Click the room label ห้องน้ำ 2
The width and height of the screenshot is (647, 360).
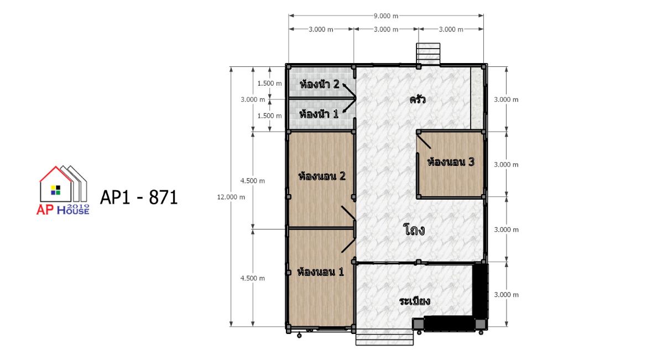click(320, 85)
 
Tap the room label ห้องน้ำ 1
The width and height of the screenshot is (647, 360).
click(319, 113)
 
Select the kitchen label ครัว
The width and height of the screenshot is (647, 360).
click(418, 100)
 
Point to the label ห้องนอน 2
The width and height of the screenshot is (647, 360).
click(322, 176)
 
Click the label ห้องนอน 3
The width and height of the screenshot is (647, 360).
click(451, 162)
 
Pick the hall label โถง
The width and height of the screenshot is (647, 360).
click(414, 229)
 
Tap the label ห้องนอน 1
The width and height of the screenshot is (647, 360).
click(321, 272)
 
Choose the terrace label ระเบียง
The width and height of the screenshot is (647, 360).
click(415, 301)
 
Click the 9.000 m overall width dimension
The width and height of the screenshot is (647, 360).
click(386, 16)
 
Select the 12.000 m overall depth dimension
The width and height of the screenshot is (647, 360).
click(231, 197)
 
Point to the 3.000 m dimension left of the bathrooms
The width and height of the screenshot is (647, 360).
click(253, 100)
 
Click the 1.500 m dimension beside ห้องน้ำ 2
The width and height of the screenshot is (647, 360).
click(269, 84)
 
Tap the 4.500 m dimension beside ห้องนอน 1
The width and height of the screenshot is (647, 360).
click(253, 278)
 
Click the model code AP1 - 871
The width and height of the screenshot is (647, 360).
click(139, 197)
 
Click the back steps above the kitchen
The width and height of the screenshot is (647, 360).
click(429, 54)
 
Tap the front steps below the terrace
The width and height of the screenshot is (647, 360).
click(384, 337)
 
